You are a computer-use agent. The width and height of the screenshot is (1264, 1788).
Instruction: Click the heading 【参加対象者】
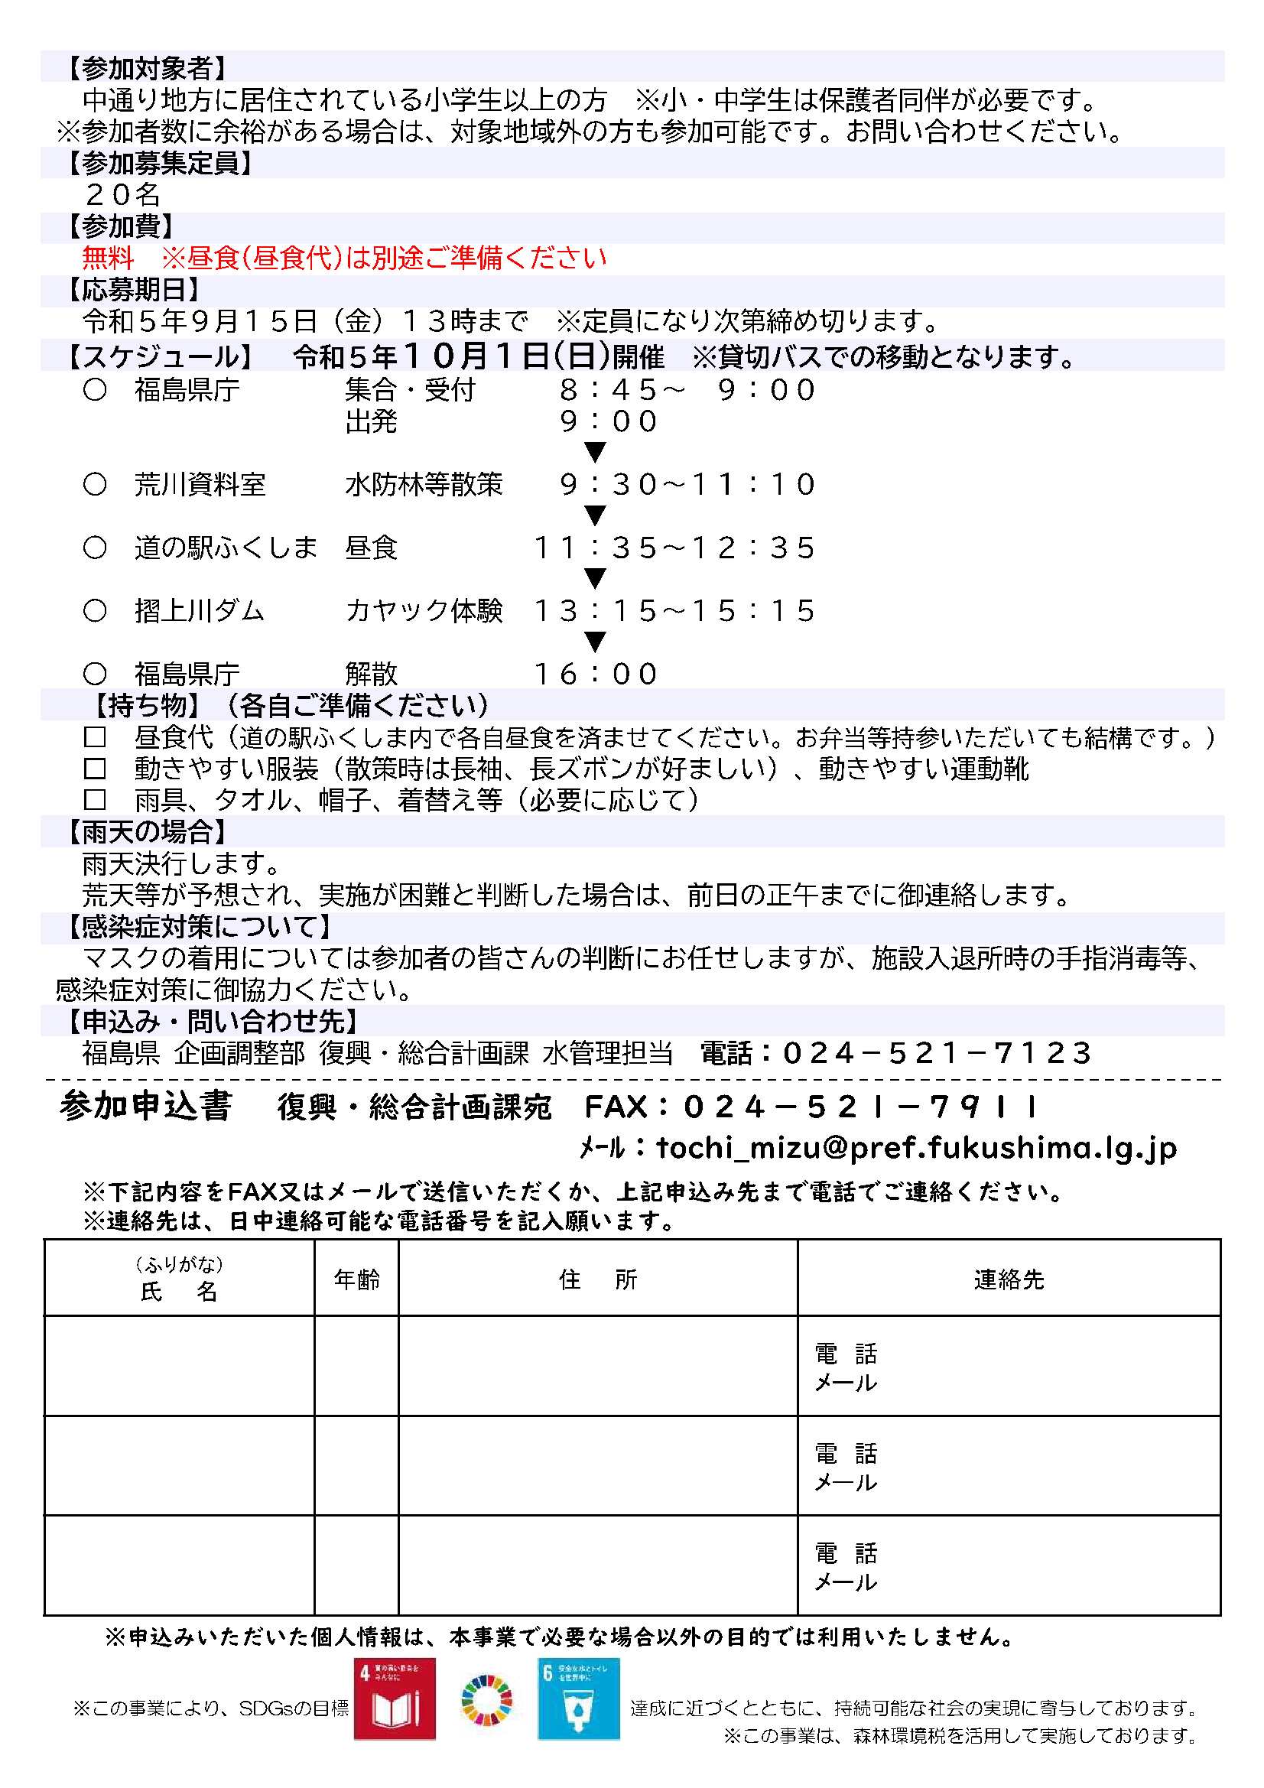(145, 69)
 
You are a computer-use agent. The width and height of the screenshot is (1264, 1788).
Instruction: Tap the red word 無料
(109, 258)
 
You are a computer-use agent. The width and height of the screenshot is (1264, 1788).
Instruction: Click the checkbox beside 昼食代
(95, 736)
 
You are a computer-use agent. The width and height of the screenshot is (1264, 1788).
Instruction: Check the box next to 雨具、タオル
(95, 800)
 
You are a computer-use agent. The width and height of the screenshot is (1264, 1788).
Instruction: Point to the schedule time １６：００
(596, 675)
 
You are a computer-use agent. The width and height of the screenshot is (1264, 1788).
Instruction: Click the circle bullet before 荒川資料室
(95, 484)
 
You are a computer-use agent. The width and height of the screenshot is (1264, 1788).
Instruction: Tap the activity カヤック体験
(424, 610)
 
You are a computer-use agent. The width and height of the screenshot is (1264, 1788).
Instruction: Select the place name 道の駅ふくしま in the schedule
(226, 548)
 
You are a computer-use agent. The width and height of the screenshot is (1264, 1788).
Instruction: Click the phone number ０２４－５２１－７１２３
(937, 1054)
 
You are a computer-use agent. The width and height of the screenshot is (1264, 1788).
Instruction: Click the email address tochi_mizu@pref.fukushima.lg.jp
(916, 1147)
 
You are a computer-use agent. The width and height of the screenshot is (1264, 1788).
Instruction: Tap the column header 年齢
(356, 1279)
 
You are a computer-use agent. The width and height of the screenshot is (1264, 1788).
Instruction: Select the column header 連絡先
(1009, 1279)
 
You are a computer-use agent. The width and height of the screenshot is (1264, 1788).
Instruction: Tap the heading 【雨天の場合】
(145, 832)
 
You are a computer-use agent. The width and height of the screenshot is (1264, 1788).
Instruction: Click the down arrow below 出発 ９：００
(596, 453)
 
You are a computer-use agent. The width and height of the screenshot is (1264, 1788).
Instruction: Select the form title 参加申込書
(145, 1106)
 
